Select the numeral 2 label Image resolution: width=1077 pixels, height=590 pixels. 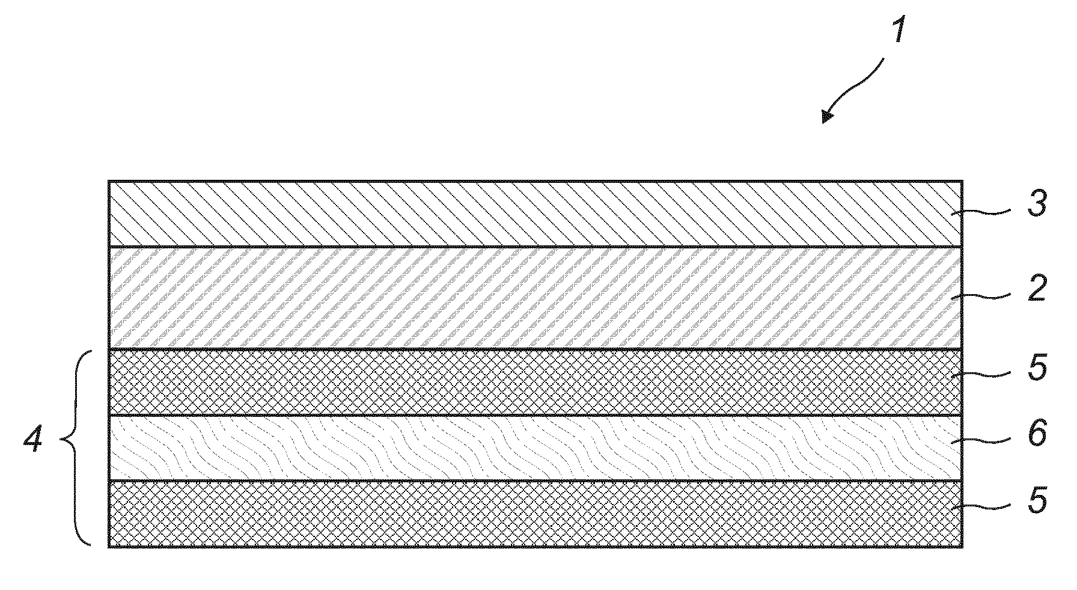1037,289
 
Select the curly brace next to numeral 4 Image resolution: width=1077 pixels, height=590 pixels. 76,447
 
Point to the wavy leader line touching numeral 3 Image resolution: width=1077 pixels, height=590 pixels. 985,212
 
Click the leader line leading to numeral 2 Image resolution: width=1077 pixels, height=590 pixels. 985,296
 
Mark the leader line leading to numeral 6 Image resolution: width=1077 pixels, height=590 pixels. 985,440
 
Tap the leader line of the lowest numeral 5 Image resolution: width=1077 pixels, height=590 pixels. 985,508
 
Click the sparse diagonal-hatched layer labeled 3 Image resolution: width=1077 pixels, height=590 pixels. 535,214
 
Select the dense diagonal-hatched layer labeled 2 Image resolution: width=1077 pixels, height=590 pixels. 535,298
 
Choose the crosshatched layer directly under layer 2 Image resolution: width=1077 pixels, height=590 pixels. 535,382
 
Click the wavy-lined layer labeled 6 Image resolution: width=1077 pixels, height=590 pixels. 535,447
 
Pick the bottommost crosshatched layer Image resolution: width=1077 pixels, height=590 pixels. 535,514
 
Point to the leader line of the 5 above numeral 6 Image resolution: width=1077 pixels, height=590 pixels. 985,374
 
